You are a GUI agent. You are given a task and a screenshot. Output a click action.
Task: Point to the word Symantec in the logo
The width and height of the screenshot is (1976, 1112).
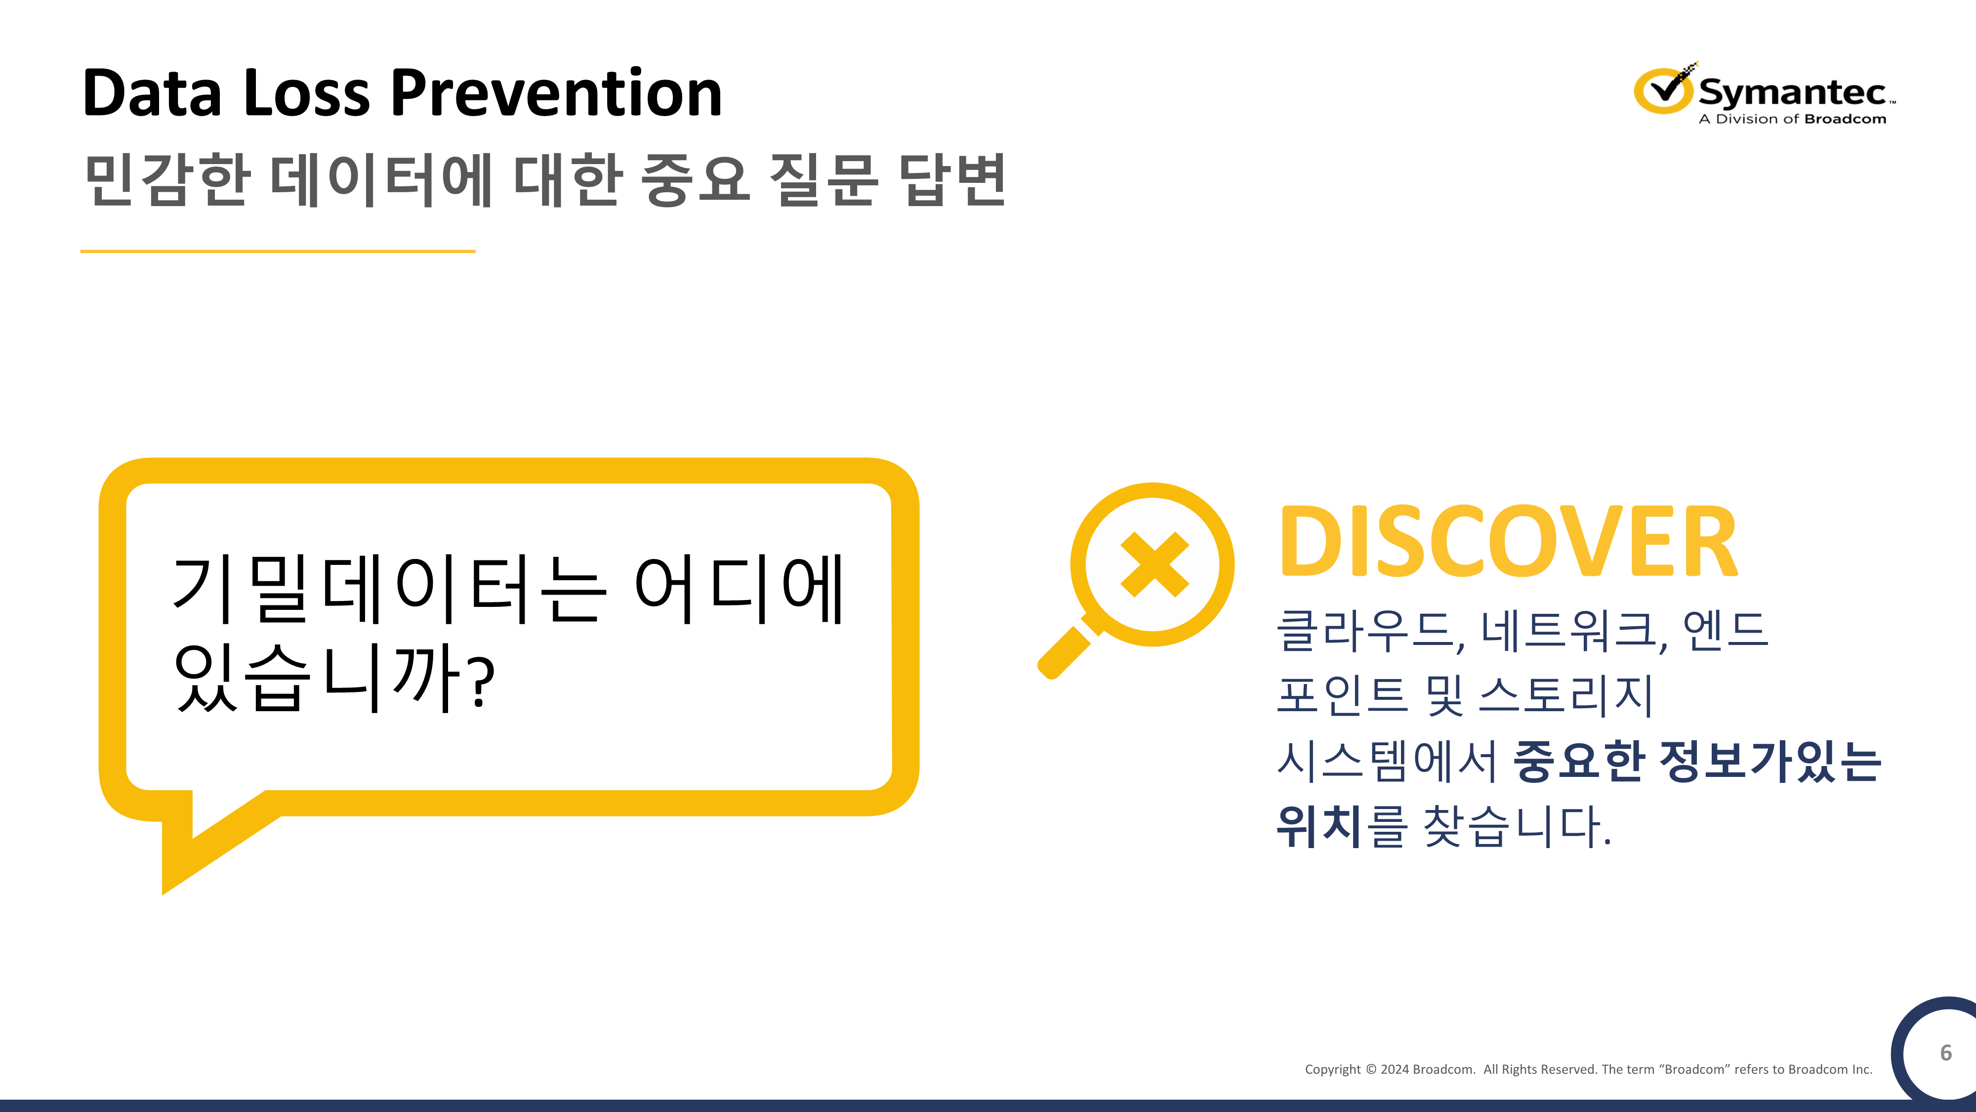click(1792, 92)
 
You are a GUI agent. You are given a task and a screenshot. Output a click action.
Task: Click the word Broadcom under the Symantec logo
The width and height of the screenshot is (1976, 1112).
click(1845, 119)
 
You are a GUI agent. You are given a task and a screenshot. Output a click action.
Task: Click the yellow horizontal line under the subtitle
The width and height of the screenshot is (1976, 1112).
click(278, 251)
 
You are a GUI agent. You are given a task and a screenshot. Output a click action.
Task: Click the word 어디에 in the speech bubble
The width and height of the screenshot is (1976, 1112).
click(739, 590)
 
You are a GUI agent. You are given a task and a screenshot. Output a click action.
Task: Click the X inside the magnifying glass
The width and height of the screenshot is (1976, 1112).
click(1153, 565)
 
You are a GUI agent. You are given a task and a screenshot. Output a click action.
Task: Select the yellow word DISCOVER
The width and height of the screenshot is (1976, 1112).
click(1507, 542)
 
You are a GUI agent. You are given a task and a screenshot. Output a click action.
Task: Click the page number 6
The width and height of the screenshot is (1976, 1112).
click(1945, 1053)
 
